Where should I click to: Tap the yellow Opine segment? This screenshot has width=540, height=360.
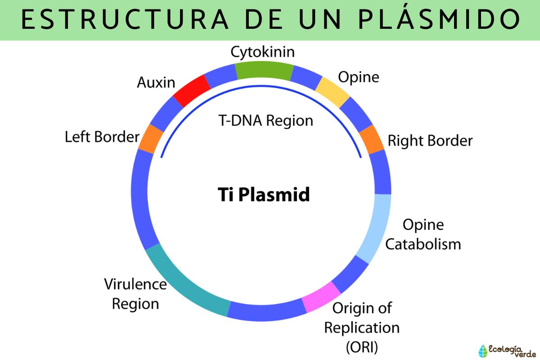333,91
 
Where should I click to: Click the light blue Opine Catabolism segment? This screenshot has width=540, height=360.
376,228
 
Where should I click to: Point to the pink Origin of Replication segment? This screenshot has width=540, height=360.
321,297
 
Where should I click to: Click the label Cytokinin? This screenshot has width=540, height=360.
263,52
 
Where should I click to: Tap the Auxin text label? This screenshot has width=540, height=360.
156,82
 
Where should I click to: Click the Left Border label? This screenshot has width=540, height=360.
102,137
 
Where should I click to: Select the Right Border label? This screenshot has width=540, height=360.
430,141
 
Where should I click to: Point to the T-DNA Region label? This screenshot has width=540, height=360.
266,121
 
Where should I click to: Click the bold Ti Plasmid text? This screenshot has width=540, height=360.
264,195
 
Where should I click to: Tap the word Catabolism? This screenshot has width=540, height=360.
423,244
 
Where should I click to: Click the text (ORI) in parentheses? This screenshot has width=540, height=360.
362,347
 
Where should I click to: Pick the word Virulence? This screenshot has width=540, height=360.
135,284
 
